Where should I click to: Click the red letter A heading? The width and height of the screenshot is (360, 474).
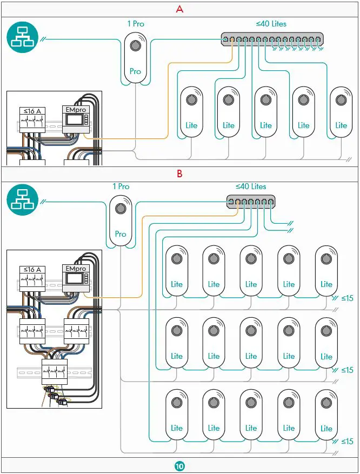(180, 9)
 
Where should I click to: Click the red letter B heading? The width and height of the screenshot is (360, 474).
(180, 174)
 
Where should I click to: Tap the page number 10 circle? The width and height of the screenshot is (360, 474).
(179, 466)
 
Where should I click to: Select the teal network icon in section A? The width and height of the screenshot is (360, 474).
(22, 39)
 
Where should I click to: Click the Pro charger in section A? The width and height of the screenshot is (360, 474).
(135, 58)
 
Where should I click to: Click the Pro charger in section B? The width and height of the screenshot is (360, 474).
(121, 221)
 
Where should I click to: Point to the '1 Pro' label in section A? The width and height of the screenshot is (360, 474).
(135, 24)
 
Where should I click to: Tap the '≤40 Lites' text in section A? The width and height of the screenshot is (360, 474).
(271, 24)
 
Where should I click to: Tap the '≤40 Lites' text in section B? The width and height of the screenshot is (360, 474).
(251, 186)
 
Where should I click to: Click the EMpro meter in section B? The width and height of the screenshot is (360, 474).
(76, 279)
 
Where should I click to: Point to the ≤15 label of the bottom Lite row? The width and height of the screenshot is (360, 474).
(346, 442)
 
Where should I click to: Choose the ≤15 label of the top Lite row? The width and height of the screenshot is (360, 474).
(346, 298)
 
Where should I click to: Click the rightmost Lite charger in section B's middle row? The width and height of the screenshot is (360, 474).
(326, 343)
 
